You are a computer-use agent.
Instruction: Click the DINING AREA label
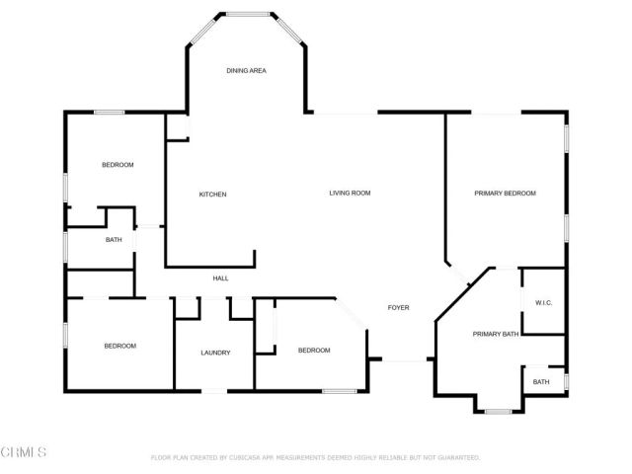(246, 71)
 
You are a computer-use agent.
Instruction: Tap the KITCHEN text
(212, 195)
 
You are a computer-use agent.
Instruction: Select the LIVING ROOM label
(350, 193)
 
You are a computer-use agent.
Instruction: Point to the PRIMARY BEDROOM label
(505, 194)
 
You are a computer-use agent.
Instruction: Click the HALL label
(220, 278)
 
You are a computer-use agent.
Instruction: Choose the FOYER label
(398, 307)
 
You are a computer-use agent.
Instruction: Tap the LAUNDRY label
(215, 353)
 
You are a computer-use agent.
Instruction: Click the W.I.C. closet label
(543, 302)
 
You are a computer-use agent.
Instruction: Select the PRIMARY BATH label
(495, 335)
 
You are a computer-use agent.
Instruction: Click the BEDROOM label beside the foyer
(313, 351)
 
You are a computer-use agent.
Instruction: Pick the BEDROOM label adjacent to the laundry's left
(119, 346)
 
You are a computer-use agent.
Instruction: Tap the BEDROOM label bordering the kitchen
(118, 165)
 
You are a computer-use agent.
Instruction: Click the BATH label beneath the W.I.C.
(541, 382)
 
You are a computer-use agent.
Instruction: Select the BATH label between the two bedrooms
(114, 240)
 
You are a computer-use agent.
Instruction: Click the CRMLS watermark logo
(25, 452)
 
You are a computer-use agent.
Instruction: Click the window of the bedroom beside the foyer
(339, 392)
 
